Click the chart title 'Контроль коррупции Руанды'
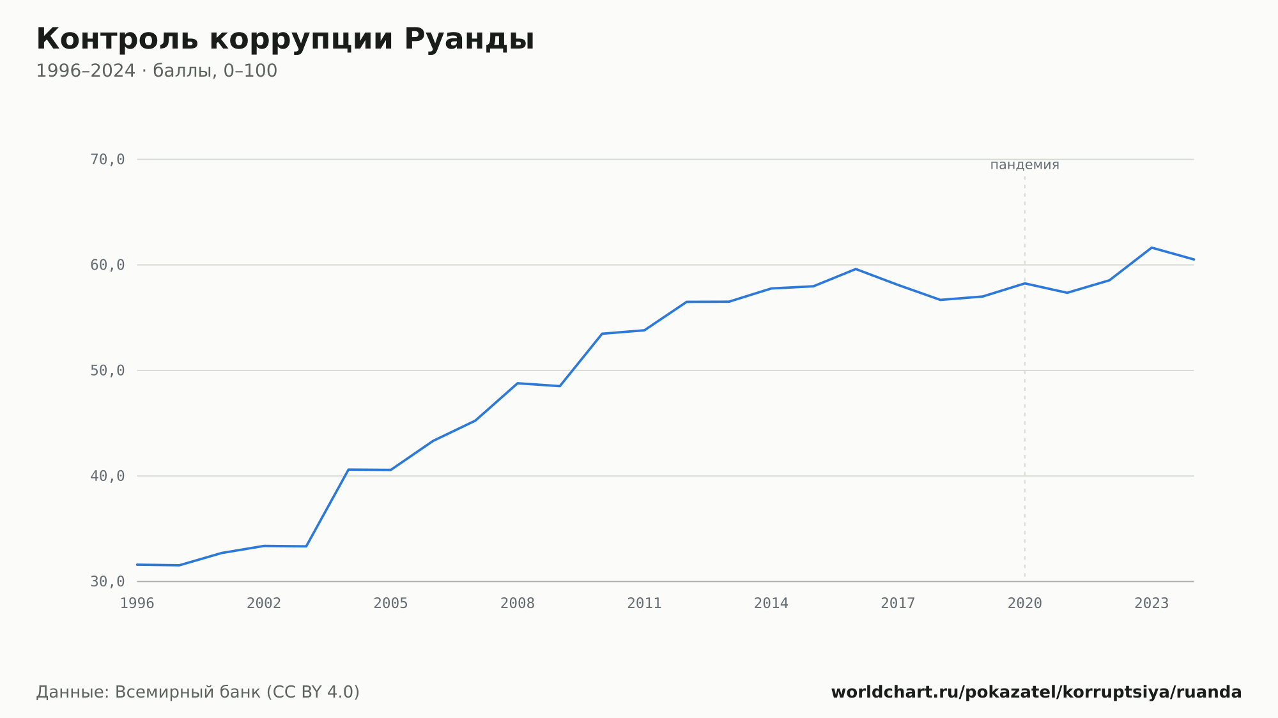click(285, 40)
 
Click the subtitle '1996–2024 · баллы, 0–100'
click(157, 71)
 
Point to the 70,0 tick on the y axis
click(107, 160)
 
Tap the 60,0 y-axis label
click(107, 265)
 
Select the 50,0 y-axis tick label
click(107, 370)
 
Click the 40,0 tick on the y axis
click(107, 476)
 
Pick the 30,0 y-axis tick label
click(107, 581)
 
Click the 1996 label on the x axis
click(137, 604)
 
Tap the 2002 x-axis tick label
click(264, 604)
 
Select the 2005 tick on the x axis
click(391, 604)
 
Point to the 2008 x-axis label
click(518, 604)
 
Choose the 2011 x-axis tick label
click(644, 604)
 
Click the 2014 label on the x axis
click(771, 604)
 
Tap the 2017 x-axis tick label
click(898, 604)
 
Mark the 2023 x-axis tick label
click(1151, 604)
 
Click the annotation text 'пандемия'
click(1024, 165)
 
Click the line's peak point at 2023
click(1151, 247)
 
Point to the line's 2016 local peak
click(856, 269)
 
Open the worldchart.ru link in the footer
click(1036, 692)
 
